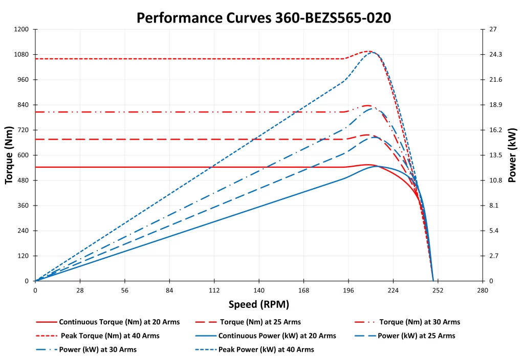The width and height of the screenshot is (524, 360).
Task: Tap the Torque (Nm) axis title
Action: pos(9,155)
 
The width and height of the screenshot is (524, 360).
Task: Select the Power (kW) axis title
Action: pos(512,155)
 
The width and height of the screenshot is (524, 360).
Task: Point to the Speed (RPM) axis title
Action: pos(259,305)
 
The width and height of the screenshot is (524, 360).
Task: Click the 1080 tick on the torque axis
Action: pos(23,54)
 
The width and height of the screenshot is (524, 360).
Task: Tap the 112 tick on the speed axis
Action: pos(214,290)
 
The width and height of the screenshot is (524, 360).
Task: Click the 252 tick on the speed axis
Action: pos(438,290)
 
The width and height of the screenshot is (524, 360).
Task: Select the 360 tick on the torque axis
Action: pos(25,206)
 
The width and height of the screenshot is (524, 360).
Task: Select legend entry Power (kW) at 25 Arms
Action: pos(416,336)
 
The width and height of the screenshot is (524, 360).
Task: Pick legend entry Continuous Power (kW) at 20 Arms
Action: pos(277,336)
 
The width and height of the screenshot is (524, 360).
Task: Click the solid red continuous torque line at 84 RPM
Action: pos(169,167)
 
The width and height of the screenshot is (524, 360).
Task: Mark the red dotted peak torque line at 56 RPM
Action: pos(125,59)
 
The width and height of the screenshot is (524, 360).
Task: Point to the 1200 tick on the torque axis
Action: pos(23,29)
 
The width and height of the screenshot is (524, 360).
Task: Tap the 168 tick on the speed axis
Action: pos(303,290)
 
